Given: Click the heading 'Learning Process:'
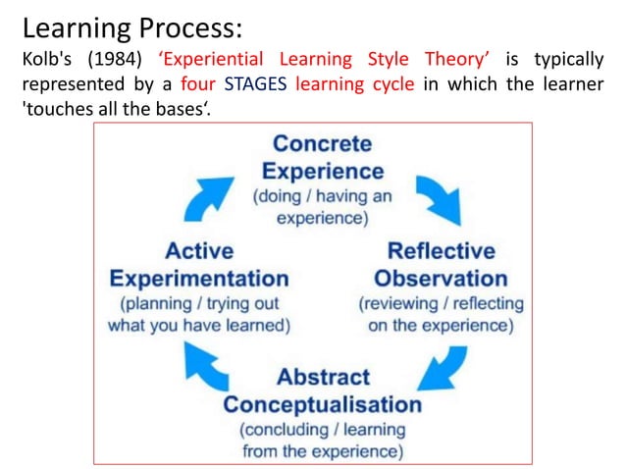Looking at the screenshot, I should (x=132, y=24).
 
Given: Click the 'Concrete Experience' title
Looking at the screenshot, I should (x=323, y=157).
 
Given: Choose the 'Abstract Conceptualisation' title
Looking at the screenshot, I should (x=323, y=391).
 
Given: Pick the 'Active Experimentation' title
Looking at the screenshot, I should (x=199, y=264).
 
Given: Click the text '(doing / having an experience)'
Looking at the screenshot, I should (x=323, y=206).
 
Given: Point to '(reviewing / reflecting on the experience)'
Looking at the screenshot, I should (x=441, y=314).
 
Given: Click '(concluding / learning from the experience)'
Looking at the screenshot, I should (x=323, y=441).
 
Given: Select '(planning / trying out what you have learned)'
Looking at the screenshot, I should (x=199, y=314).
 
